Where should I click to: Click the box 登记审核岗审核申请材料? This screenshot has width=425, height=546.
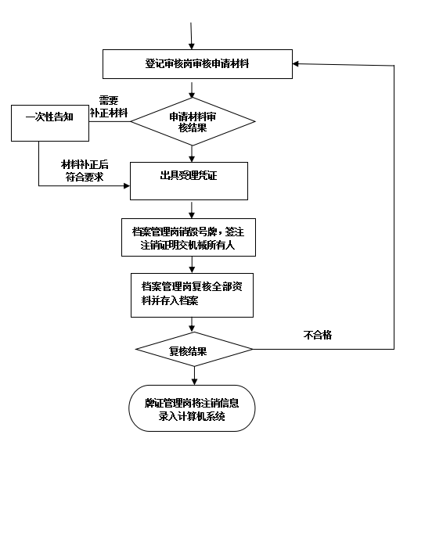tap(197, 64)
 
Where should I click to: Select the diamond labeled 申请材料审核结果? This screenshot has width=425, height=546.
tap(193, 121)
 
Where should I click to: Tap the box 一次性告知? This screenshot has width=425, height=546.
tap(50, 123)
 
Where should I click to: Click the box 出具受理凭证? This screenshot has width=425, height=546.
tap(189, 181)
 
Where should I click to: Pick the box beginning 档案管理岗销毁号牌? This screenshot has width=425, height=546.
tap(189, 238)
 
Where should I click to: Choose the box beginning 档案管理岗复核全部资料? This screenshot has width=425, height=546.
tap(192, 295)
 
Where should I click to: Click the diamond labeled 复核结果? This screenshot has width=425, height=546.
tap(194, 349)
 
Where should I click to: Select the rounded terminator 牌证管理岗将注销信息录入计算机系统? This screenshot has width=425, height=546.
tap(192, 408)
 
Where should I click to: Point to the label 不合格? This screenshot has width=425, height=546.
tap(318, 335)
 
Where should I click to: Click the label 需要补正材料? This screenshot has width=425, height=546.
tap(109, 106)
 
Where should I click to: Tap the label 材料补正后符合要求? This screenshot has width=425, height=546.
tap(85, 171)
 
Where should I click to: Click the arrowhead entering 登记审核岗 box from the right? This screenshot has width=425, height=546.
tap(296, 63)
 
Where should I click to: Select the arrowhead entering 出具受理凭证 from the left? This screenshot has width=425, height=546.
tap(127, 185)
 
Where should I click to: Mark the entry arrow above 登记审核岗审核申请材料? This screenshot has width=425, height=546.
tap(191, 36)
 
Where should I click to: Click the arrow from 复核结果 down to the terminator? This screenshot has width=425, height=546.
tap(194, 375)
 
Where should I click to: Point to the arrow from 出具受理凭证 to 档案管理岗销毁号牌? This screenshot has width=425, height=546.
tap(192, 210)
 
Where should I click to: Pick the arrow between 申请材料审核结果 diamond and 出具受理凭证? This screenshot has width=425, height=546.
tap(192, 153)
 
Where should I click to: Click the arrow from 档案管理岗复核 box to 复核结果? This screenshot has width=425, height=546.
tap(192, 325)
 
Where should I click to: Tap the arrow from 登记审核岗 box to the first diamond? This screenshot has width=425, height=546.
tap(192, 90)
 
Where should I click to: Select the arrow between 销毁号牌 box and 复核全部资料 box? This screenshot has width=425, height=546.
tap(192, 264)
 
